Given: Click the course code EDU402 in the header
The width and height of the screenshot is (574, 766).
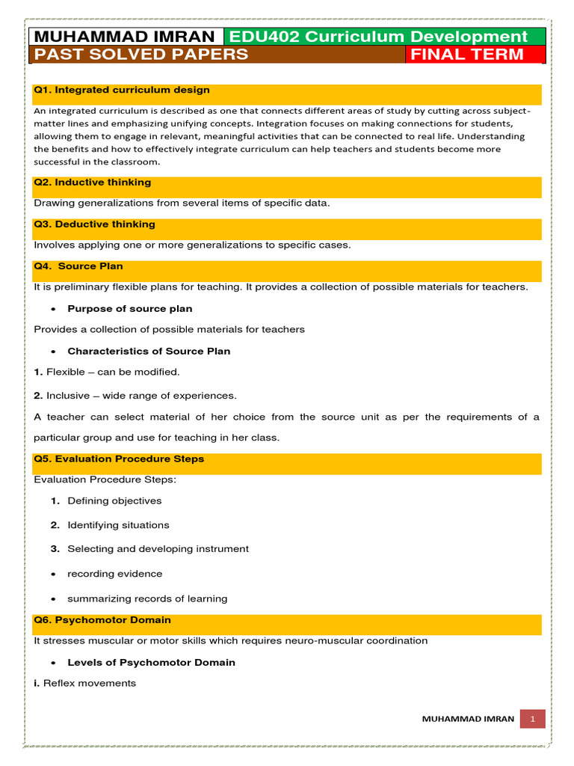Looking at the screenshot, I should [258, 37].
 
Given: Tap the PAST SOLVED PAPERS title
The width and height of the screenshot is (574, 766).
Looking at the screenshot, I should [141, 55].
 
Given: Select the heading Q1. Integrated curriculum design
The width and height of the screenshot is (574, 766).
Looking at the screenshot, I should [122, 90].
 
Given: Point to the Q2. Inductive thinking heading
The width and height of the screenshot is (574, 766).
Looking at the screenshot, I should [93, 182].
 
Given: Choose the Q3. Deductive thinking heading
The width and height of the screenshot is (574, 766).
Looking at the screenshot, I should [95, 224].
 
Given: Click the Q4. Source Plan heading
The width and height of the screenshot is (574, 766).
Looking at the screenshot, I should [78, 266].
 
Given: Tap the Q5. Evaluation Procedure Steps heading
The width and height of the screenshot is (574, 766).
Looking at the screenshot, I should [119, 459].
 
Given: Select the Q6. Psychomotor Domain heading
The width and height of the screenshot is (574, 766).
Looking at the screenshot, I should [102, 619].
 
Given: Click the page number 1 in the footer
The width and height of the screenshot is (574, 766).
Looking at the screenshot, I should [533, 719].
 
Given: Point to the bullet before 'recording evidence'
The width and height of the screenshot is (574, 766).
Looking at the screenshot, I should [55, 574].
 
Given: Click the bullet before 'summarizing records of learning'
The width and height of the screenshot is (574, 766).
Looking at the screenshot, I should [55, 599].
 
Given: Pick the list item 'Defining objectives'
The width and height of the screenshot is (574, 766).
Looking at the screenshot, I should [114, 500].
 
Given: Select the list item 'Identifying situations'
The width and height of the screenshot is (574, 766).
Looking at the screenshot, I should [118, 525].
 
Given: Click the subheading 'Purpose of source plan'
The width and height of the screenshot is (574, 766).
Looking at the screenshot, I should [129, 308].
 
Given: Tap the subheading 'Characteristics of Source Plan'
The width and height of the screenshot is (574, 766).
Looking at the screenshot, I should [149, 351].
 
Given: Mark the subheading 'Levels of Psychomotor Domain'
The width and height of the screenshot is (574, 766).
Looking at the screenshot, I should [151, 662].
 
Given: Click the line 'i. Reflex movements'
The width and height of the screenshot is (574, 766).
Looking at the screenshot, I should [85, 683].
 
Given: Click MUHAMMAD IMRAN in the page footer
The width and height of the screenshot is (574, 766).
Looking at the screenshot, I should [468, 719].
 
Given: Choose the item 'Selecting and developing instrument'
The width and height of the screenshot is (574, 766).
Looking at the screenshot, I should [158, 549].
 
